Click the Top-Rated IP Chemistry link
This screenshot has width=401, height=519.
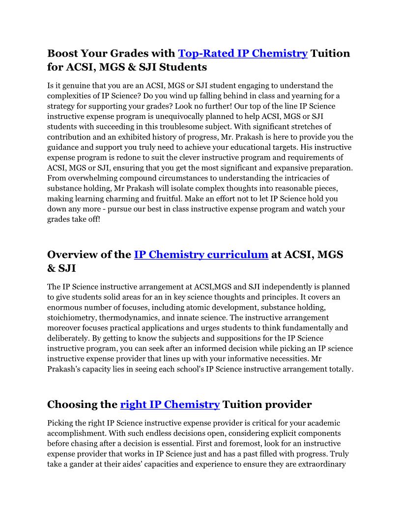(242, 53)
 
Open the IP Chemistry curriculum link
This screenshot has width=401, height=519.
(201, 255)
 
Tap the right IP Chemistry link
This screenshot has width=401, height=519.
(170, 404)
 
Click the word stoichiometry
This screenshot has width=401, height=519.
(71, 317)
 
